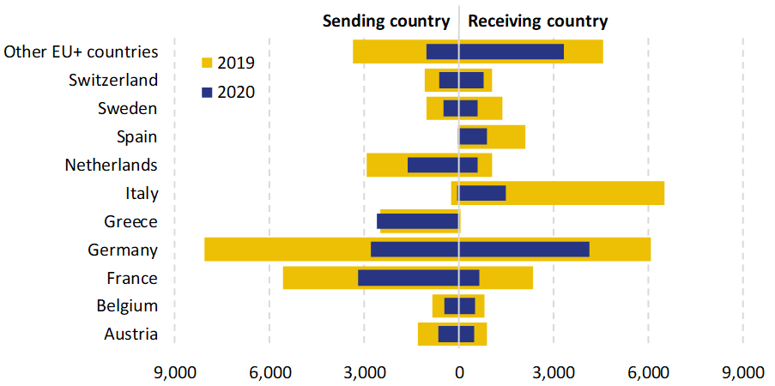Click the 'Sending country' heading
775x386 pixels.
[385, 21]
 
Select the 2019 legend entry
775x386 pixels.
[227, 63]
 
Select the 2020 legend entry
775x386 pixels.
[227, 92]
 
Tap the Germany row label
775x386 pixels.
[123, 250]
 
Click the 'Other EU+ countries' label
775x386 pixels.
[81, 51]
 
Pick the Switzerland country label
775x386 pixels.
[113, 80]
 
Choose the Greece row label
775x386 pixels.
[130, 221]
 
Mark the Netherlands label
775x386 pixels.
[112, 165]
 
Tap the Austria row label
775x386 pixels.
[130, 335]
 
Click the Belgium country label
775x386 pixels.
[127, 306]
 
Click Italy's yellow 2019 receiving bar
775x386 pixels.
[584, 193]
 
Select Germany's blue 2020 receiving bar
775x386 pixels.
[524, 250]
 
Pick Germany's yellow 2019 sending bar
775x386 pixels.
[288, 250]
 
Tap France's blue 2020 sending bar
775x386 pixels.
[408, 278]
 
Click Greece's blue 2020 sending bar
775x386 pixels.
[417, 221]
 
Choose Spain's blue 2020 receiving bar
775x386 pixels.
[473, 136]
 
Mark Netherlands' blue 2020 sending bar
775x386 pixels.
[433, 165]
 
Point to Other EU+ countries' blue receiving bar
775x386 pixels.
[512, 51]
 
